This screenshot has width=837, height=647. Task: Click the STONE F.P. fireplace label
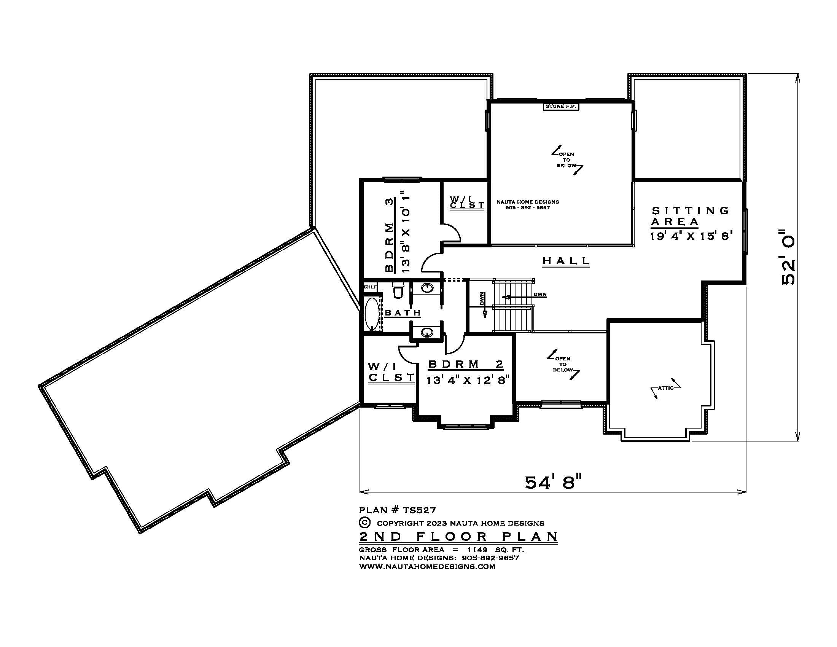click(561, 106)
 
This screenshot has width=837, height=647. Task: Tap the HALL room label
click(566, 261)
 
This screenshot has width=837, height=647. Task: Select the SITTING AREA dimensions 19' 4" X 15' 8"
click(691, 236)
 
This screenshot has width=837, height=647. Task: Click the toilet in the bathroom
click(397, 290)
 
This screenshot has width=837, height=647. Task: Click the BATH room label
click(403, 313)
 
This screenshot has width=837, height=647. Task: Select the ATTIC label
click(666, 388)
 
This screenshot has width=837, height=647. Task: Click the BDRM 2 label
click(466, 364)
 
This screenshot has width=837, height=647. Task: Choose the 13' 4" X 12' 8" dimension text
click(468, 380)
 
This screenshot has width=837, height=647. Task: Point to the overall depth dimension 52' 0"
click(788, 257)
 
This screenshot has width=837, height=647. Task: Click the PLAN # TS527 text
click(398, 510)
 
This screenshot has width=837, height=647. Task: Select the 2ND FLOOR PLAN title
click(458, 536)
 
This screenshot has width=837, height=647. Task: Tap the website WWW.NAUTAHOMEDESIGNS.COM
click(427, 567)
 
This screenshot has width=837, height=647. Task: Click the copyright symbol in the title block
click(365, 523)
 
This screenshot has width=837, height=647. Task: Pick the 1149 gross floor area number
click(477, 550)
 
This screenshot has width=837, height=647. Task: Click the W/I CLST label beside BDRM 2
click(391, 372)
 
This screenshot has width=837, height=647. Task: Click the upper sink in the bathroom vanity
click(427, 287)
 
